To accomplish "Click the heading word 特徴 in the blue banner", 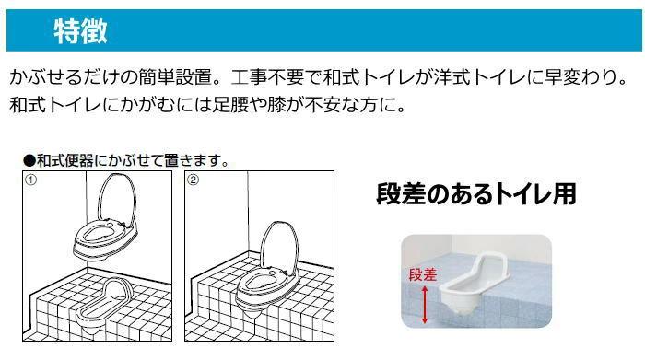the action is [x=81, y=30].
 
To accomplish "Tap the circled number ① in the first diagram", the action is [x=30, y=180].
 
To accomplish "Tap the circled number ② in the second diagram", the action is [x=193, y=180].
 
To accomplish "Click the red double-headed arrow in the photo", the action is [x=425, y=305].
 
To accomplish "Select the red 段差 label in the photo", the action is [x=422, y=275].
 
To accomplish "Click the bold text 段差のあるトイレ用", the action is [x=476, y=194].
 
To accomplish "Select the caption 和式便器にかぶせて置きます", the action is [x=130, y=160].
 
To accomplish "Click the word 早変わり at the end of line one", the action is [x=580, y=77].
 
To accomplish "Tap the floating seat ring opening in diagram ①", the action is [x=99, y=235].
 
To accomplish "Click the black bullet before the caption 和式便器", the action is [x=29, y=161].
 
